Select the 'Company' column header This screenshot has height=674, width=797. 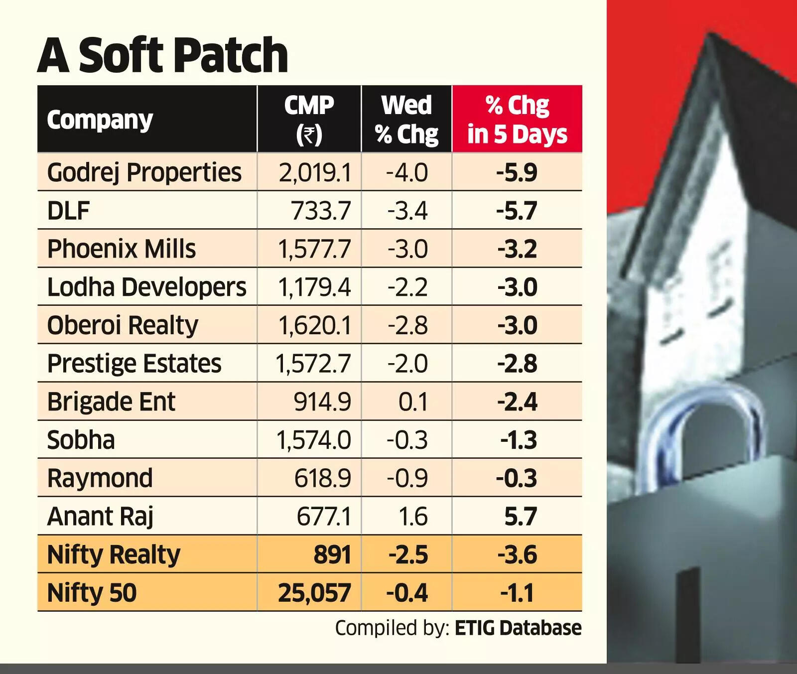click(100, 120)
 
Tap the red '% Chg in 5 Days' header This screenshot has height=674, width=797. click(517, 120)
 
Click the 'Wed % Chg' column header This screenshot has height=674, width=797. click(406, 120)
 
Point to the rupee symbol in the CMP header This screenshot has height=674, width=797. click(309, 135)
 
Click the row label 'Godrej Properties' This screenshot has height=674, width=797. click(144, 172)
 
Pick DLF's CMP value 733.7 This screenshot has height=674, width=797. click(321, 211)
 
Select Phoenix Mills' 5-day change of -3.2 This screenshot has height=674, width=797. click(517, 249)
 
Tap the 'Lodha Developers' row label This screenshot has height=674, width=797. click(146, 287)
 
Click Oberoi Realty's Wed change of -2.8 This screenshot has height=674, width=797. click(407, 325)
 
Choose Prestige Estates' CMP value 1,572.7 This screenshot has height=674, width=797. click(313, 364)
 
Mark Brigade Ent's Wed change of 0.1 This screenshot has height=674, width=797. click(413, 402)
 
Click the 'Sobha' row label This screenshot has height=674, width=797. click(81, 440)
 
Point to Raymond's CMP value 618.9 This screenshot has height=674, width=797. click(322, 478)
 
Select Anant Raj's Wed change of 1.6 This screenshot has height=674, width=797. click(413, 517)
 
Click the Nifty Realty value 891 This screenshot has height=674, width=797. click(332, 555)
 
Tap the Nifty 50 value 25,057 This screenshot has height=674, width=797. click(314, 593)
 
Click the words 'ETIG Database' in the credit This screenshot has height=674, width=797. click(518, 628)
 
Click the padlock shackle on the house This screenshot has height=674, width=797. click(707, 423)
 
